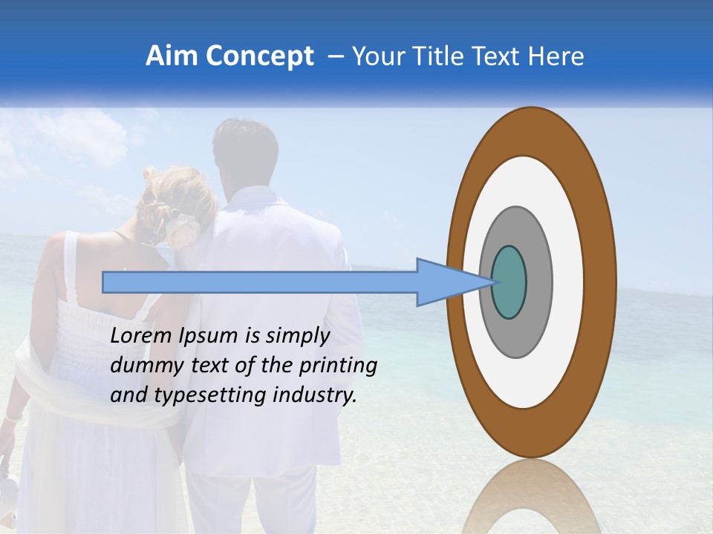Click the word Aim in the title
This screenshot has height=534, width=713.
(171, 56)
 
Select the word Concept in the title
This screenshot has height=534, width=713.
(258, 57)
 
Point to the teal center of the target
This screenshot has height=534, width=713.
(509, 282)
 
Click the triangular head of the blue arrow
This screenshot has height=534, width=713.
(446, 282)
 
